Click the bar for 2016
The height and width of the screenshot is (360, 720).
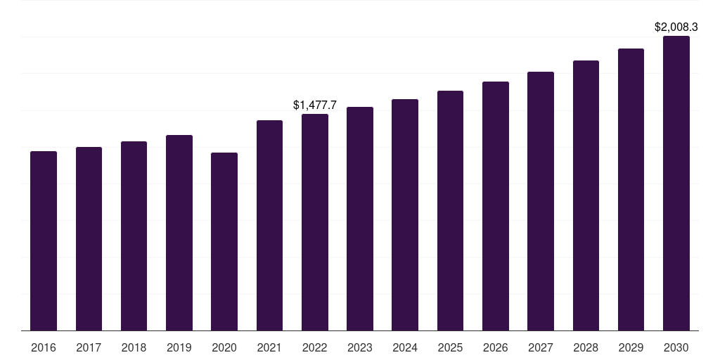click(x=44, y=240)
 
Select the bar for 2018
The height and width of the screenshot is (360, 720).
click(x=134, y=236)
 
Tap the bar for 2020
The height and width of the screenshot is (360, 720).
click(x=224, y=241)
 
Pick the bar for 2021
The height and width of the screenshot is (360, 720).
click(x=269, y=225)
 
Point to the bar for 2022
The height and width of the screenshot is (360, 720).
click(x=315, y=222)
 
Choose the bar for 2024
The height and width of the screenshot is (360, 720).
click(x=405, y=214)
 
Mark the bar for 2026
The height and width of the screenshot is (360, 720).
click(x=496, y=206)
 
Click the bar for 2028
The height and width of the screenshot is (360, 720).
click(x=586, y=195)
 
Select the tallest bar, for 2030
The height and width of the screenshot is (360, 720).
click(x=676, y=183)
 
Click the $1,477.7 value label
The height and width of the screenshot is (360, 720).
click(x=315, y=105)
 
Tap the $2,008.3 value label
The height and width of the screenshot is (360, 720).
click(x=676, y=27)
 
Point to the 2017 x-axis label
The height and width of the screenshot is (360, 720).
click(x=89, y=347)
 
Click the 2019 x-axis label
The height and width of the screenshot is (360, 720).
click(x=179, y=347)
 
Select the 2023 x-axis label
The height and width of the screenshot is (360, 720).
click(x=360, y=347)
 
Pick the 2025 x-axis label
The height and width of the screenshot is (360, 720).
click(x=450, y=347)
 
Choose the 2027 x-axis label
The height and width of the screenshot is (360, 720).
click(x=541, y=347)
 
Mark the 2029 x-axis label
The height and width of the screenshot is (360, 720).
click(x=631, y=347)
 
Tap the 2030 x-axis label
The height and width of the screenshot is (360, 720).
click(x=676, y=347)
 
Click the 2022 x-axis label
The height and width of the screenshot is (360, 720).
click(x=315, y=347)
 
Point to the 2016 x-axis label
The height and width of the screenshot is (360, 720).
click(x=44, y=347)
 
